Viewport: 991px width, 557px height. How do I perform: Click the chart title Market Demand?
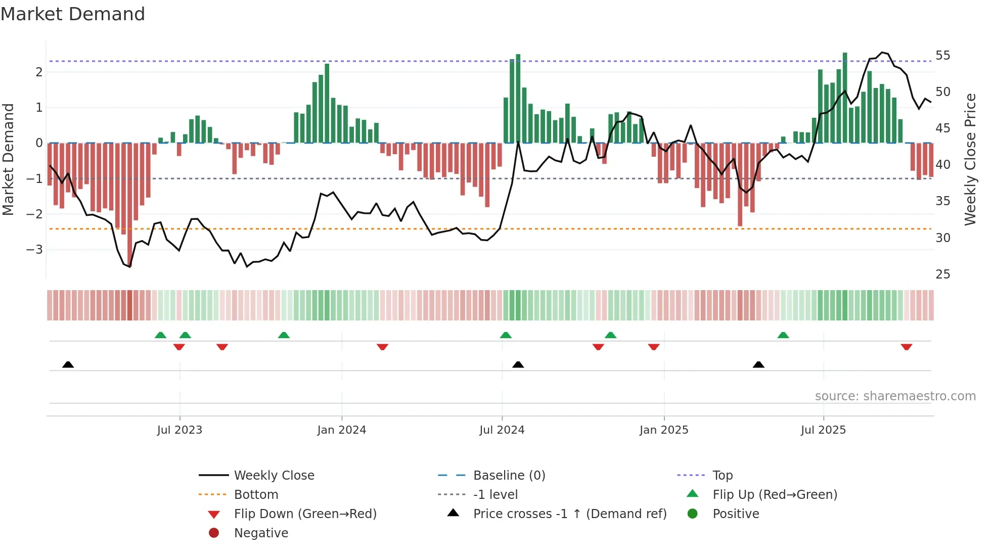pyautogui.click(x=73, y=14)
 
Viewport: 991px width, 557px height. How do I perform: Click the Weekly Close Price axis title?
pyautogui.click(x=970, y=159)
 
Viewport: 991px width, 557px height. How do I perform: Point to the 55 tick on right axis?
pyautogui.click(x=942, y=56)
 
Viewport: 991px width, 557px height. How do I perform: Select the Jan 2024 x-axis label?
pyautogui.click(x=341, y=430)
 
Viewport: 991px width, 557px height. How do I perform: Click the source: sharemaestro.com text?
pyautogui.click(x=895, y=396)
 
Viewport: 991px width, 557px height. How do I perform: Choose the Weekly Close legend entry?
pyautogui.click(x=274, y=476)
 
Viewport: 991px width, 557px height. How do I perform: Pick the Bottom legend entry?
pyautogui.click(x=256, y=495)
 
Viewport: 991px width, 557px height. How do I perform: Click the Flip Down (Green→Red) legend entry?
pyautogui.click(x=305, y=514)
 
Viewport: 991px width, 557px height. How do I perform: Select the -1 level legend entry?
pyautogui.click(x=495, y=495)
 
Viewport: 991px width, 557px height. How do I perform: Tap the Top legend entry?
pyautogui.click(x=722, y=476)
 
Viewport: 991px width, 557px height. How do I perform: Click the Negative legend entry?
pyautogui.click(x=261, y=533)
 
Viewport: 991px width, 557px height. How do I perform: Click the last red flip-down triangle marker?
pyautogui.click(x=906, y=347)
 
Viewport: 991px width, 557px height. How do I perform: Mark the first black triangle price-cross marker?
pyautogui.click(x=68, y=364)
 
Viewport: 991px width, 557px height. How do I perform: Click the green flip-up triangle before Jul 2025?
pyautogui.click(x=783, y=335)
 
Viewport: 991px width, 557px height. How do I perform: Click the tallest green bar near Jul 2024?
pyautogui.click(x=518, y=99)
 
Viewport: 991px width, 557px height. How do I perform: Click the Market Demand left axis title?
pyautogui.click(x=8, y=159)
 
